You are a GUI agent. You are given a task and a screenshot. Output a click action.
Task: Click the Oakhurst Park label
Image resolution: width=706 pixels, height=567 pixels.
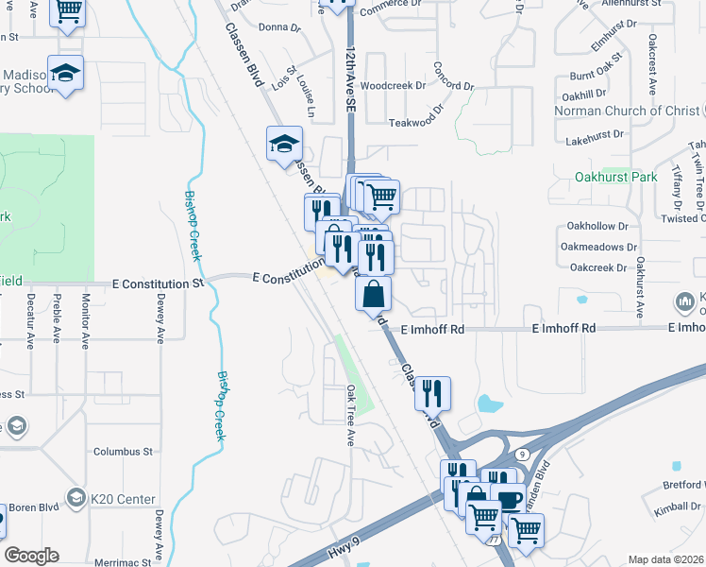point(616,177)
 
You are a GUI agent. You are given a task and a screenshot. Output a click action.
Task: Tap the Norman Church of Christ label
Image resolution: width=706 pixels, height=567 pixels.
point(639,112)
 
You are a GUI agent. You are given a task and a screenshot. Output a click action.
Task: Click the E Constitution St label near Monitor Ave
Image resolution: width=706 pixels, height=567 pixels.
point(158,283)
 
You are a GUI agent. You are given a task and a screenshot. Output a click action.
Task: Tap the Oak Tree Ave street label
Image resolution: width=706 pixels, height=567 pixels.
point(349,416)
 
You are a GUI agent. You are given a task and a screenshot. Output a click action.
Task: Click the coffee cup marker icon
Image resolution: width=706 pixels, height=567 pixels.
point(508,498)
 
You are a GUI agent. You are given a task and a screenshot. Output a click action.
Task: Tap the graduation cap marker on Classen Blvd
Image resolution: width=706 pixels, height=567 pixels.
point(284,145)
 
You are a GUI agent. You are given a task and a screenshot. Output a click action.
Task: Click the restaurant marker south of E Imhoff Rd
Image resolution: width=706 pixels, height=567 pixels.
point(432,391)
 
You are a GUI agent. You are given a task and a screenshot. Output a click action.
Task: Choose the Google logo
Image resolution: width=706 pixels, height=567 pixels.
point(31,556)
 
